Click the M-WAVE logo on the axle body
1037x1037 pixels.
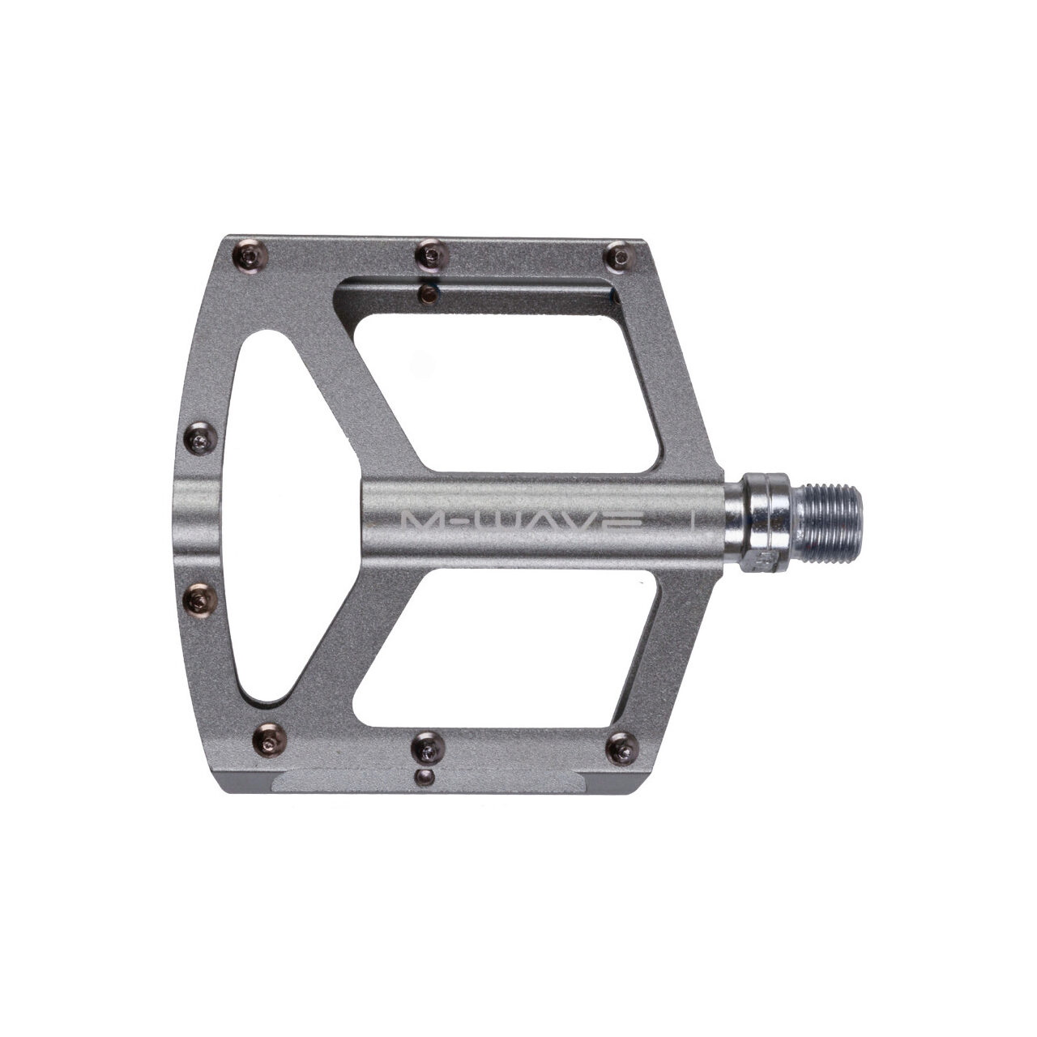coord(522,521)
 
